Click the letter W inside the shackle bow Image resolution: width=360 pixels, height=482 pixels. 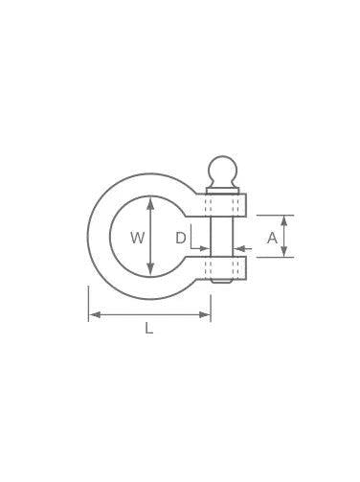[138, 237]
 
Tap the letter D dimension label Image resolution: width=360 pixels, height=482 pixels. [180, 237]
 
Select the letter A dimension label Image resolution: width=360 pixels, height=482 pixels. [271, 237]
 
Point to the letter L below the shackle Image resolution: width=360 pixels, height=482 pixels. [148, 329]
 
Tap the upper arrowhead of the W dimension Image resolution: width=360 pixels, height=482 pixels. [149, 202]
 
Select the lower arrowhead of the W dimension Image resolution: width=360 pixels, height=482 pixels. [149, 270]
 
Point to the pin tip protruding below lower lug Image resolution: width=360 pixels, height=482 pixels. [222, 283]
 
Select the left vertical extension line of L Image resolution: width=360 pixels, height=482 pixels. [88, 302]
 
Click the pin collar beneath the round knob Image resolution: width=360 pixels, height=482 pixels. [222, 190]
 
